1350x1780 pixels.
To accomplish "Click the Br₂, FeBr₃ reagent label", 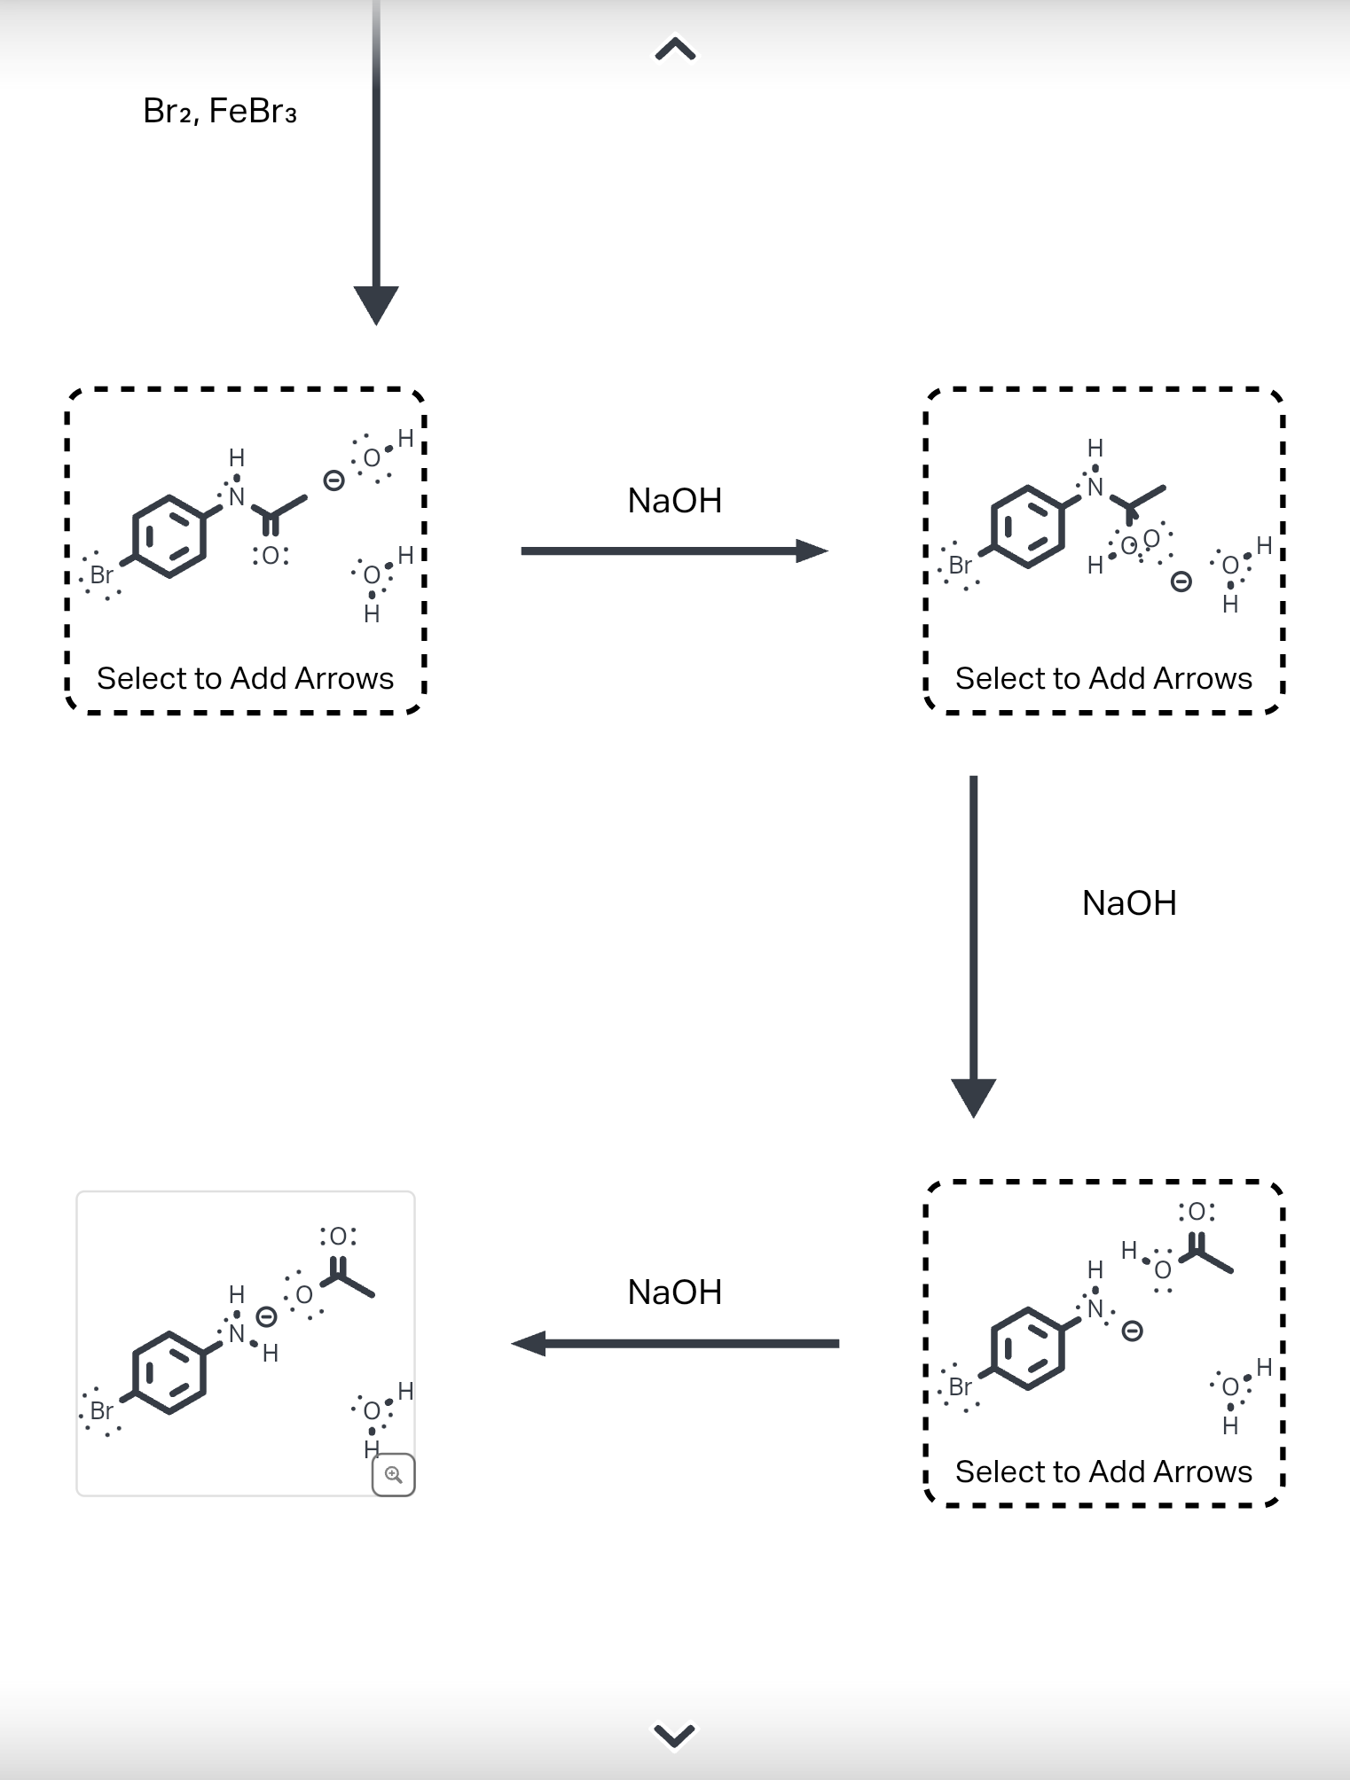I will pos(219,112).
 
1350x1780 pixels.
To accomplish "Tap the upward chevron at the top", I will pos(675,49).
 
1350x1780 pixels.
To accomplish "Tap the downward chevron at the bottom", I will pos(674,1735).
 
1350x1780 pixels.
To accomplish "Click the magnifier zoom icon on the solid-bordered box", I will pos(393,1474).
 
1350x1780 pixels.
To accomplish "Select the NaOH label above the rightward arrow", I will pos(674,501).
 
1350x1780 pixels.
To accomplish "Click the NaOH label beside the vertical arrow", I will pos(1128,903).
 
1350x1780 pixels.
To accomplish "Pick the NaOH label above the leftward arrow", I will pos(674,1292).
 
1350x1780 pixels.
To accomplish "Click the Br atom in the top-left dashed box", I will pos(101,574).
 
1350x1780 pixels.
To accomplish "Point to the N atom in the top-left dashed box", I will pos(237,497).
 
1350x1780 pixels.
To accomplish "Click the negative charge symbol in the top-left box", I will pos(334,480).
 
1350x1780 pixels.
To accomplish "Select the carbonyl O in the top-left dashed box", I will pos(271,556).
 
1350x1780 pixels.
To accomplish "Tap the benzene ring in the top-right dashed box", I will pos(1027,527).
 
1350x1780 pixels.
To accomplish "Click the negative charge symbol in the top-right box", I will pos(1181,582).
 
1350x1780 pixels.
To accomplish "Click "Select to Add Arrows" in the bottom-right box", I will pos(1103,1472).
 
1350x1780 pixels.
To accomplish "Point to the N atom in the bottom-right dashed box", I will pos(1095,1309).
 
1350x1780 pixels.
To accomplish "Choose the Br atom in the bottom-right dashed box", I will pos(960,1386).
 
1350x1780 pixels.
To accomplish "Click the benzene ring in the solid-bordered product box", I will pos(169,1371).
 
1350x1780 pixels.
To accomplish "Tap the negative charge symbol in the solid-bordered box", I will pos(266,1317).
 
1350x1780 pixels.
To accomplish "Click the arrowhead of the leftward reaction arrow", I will pos(530,1343).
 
